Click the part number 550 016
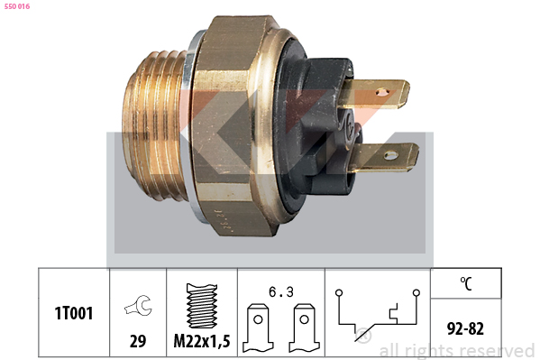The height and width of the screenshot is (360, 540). (17, 6)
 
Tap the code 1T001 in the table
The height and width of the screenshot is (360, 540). (74, 313)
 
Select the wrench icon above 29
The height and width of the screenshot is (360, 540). (138, 305)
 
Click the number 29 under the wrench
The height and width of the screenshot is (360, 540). (138, 341)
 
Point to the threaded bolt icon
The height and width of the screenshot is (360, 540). (202, 306)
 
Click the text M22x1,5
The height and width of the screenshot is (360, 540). (202, 341)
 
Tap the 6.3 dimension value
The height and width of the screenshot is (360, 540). (281, 292)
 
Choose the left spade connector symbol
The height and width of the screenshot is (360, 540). (258, 328)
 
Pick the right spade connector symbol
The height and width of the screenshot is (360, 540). (304, 328)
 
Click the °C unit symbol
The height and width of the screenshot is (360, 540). (465, 283)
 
